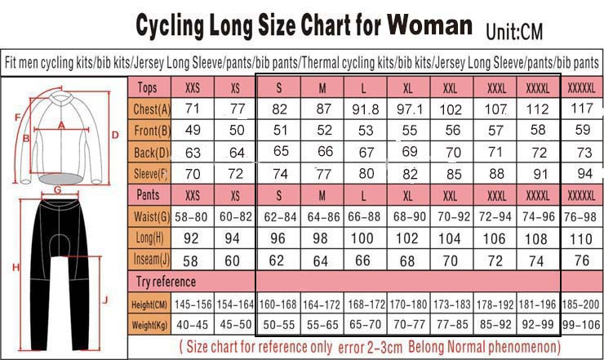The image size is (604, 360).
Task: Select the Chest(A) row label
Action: pyautogui.click(x=152, y=109)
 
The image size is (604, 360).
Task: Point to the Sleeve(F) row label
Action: pyautogui.click(x=152, y=173)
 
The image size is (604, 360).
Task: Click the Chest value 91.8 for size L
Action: pyautogui.click(x=363, y=109)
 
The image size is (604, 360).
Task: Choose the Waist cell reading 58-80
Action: pyautogui.click(x=193, y=216)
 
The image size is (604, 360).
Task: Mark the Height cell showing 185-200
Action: pyautogui.click(x=580, y=304)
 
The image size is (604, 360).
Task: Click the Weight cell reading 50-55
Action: pyautogui.click(x=278, y=325)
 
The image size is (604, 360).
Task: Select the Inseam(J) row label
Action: pyautogui.click(x=153, y=260)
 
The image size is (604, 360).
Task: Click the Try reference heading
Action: pyautogui.click(x=166, y=282)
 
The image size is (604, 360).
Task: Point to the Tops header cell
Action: pyautogui.click(x=148, y=88)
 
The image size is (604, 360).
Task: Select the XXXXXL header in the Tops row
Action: pyautogui.click(x=580, y=88)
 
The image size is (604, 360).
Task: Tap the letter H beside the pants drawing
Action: pyautogui.click(x=14, y=267)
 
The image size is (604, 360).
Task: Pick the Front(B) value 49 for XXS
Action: pyautogui.click(x=193, y=131)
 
